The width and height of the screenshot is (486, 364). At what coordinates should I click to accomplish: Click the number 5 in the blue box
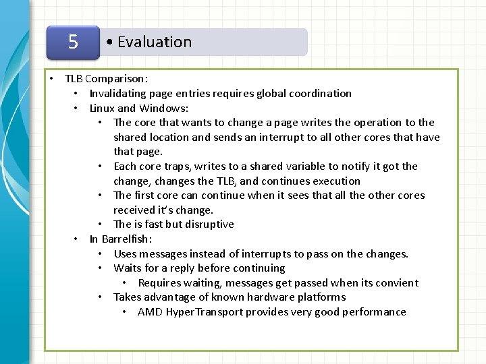[73, 42]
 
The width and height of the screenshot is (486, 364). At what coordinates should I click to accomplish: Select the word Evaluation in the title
[155, 42]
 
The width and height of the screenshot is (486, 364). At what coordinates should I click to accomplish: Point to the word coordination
[320, 93]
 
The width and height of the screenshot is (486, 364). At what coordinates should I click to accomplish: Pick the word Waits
[127, 268]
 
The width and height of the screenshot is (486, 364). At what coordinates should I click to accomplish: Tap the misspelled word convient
[396, 282]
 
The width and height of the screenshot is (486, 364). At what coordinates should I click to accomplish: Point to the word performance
[374, 311]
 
